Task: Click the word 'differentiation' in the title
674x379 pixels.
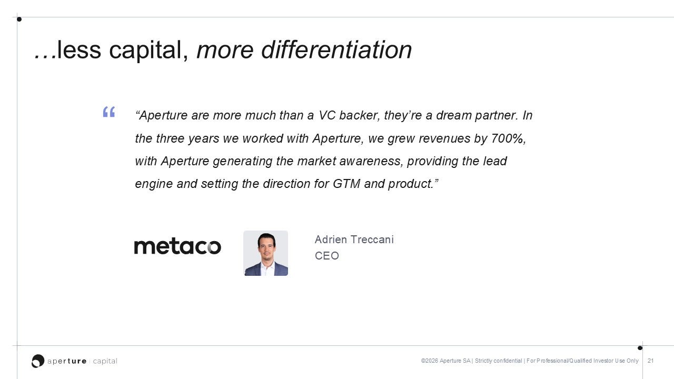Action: [336, 50]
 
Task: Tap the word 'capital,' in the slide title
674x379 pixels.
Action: [148, 51]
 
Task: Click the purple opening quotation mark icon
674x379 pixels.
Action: [109, 112]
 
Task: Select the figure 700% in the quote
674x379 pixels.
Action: [509, 138]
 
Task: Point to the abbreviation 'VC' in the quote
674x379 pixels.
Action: [327, 115]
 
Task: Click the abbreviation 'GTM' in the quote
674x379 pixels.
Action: [346, 184]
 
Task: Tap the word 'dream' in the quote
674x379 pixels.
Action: [454, 115]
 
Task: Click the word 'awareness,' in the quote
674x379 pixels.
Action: [371, 161]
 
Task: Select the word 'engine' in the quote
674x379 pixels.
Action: [154, 184]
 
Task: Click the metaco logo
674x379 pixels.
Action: [177, 247]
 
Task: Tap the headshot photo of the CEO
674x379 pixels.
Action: [266, 253]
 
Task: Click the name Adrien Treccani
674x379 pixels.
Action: [354, 240]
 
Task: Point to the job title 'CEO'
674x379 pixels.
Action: [327, 256]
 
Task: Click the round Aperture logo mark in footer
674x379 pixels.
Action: [38, 361]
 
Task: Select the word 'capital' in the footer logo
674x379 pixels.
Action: [105, 361]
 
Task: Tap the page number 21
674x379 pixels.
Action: [650, 361]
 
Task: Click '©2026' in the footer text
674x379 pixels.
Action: [429, 361]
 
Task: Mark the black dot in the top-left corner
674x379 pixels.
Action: [19, 19]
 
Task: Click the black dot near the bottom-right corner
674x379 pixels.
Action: [640, 348]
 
